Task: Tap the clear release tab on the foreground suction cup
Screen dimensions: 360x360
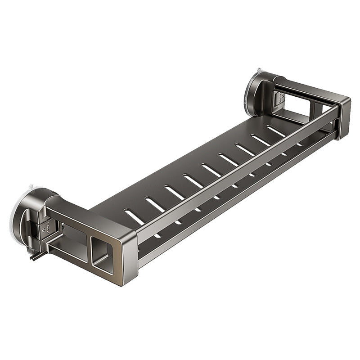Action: coord(28,187)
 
